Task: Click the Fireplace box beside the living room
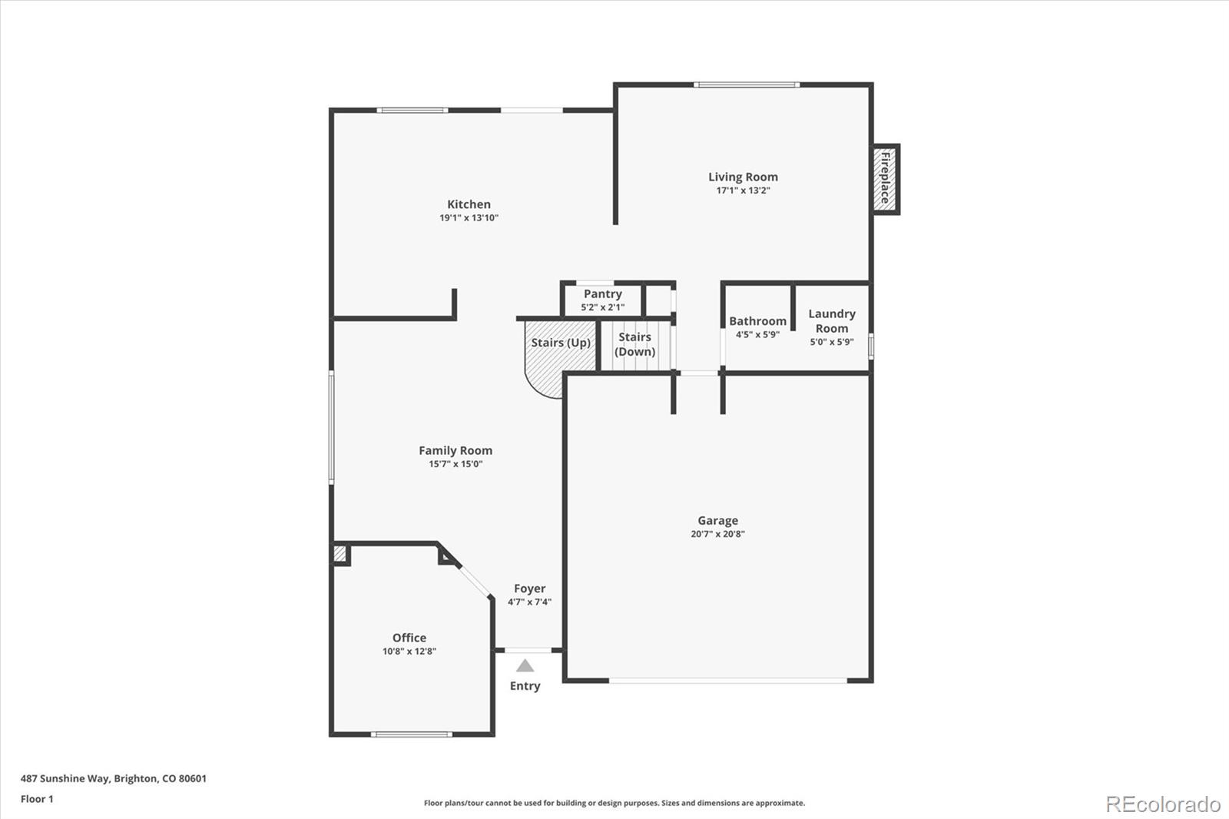(886, 178)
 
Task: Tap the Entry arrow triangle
(525, 666)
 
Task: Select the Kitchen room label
(469, 204)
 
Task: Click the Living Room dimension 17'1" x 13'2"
(743, 191)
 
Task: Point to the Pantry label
(602, 294)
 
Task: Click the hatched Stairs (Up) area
(550, 361)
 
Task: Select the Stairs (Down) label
(635, 344)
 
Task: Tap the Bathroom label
(757, 321)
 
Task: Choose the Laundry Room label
(831, 320)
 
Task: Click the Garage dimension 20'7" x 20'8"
(717, 534)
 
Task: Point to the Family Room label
(455, 451)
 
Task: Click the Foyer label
(529, 589)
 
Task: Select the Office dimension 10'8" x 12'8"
(409, 652)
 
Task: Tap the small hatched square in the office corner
(340, 553)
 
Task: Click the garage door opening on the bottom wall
(728, 680)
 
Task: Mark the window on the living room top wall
(747, 85)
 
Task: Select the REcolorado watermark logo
(1163, 804)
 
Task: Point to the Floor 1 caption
(37, 799)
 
